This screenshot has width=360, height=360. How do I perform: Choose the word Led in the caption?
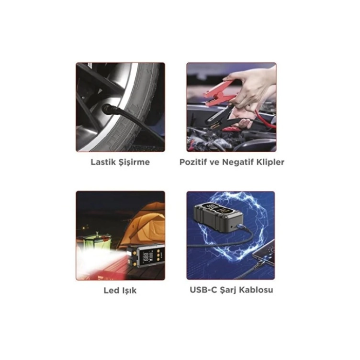111,291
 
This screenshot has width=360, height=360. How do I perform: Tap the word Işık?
129,291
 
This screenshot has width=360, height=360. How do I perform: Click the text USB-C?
204,290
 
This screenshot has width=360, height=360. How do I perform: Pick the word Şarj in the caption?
227,290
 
